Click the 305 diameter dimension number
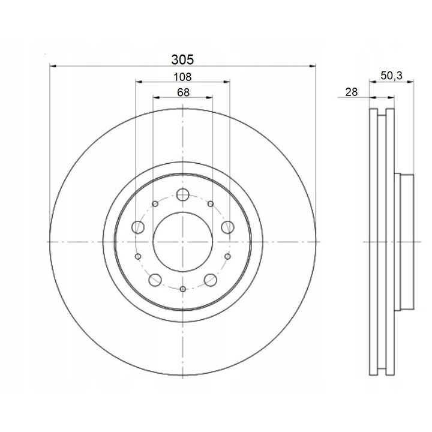tap(182, 59)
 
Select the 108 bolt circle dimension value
tap(182, 77)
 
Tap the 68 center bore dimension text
tap(183, 92)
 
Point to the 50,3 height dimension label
tap(391, 76)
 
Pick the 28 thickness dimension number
tap(351, 92)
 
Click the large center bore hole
tap(183, 242)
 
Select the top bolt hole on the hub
tap(182, 194)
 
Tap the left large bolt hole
tap(138, 227)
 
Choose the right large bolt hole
tap(227, 227)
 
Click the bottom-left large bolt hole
tap(155, 280)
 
